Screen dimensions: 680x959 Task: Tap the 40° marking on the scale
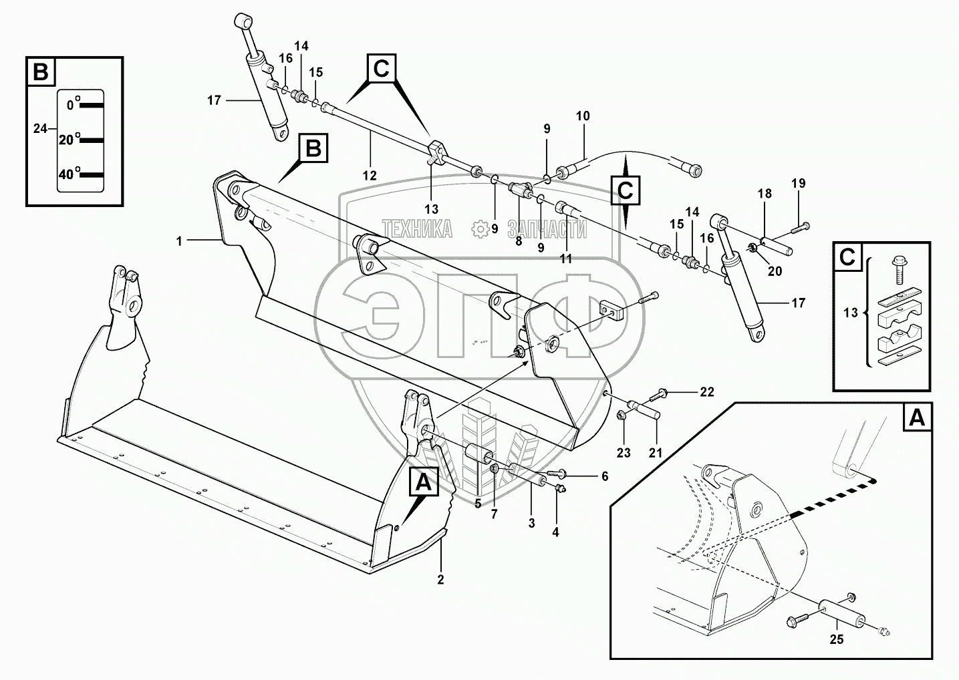tap(67, 174)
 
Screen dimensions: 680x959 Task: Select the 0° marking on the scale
tap(72, 104)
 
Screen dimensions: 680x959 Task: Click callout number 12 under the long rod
tap(370, 176)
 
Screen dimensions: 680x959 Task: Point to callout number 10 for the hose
tap(583, 116)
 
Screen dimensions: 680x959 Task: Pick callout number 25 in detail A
tap(836, 639)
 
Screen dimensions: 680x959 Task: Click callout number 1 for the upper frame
tap(179, 241)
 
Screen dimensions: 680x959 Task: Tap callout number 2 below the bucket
tap(440, 579)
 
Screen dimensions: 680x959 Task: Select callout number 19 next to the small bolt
tap(799, 183)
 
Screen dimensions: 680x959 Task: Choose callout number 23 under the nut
tap(624, 453)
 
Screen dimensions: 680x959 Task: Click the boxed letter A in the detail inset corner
tap(917, 418)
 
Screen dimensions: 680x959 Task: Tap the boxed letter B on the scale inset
tap(41, 71)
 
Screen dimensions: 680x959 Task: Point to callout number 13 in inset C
tap(850, 311)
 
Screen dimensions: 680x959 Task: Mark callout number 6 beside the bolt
tap(605, 476)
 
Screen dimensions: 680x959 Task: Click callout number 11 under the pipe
tap(566, 259)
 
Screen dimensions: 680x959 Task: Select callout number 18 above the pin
tap(765, 194)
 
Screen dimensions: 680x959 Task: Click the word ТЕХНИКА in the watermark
tap(417, 230)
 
